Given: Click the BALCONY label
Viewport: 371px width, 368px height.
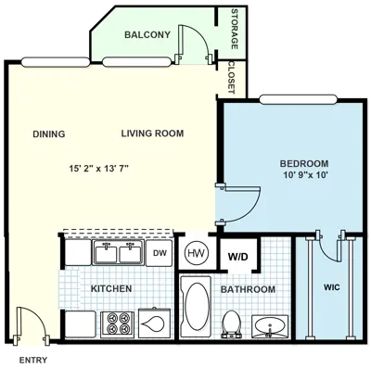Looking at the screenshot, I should tap(147, 35).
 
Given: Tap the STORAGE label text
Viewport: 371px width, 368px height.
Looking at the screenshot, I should tap(234, 32).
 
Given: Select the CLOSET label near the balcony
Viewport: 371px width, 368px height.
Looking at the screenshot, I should tap(232, 78).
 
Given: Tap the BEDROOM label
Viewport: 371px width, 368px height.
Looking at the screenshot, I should tap(304, 164).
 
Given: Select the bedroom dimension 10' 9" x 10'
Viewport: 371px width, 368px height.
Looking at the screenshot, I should tap(304, 176).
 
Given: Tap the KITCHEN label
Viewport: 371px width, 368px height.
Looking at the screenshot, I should tap(110, 289).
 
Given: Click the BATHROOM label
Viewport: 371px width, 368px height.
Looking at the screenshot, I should tap(248, 290).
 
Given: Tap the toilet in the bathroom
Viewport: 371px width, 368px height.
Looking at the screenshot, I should tap(233, 324).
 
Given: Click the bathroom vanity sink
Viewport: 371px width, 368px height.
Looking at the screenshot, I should tap(269, 326).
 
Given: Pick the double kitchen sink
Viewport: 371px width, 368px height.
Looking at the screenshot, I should tap(118, 252).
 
